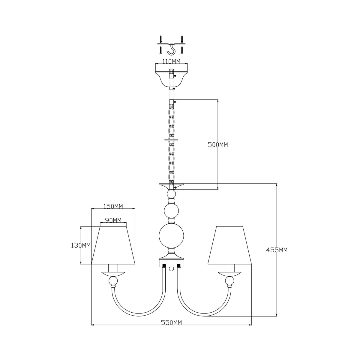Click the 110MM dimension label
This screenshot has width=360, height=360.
coord(171,61)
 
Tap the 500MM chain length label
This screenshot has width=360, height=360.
coord(218,145)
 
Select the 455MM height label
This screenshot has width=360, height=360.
coord(277,250)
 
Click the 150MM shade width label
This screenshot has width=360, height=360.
coord(113,206)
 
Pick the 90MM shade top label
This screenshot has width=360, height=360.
coord(113,220)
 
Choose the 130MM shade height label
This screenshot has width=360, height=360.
coord(81,245)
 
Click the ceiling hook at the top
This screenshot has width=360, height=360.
coord(172,50)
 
